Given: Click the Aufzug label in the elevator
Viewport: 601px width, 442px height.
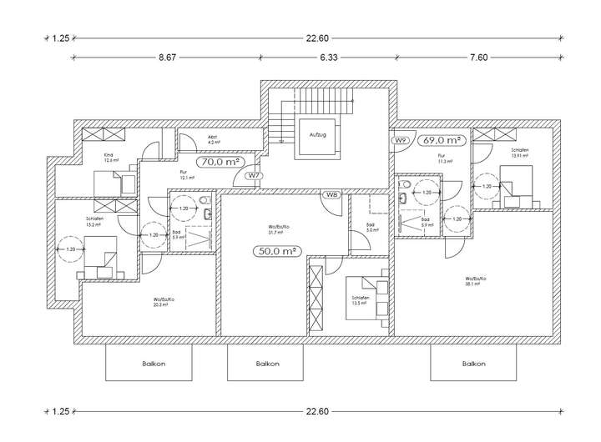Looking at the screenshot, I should coord(317,134).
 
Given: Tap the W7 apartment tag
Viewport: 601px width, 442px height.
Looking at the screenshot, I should coord(253,177).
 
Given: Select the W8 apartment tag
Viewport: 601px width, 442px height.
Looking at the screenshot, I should coord(331,195).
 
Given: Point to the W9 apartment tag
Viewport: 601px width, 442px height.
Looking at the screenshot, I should coord(401,140).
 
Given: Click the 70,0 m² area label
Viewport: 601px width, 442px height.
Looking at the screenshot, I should coord(220,162).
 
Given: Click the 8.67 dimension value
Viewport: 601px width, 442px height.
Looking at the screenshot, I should coord(170,58).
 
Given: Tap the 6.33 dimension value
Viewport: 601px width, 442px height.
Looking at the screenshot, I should coord(327,58).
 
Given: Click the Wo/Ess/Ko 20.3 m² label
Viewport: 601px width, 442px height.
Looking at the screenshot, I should coord(162,302).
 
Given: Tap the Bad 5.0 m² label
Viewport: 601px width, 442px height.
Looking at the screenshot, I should coord(371,229).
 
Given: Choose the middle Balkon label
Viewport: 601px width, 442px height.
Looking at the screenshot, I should coord(267,364).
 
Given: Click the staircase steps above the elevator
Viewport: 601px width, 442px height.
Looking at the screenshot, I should coord(323,105).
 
